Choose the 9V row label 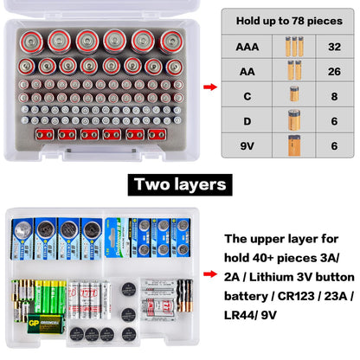pyautogui.click(x=244, y=145)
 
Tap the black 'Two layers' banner pyautogui.click(x=179, y=184)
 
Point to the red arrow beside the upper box pyautogui.click(x=209, y=87)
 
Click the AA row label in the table pyautogui.click(x=244, y=70)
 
